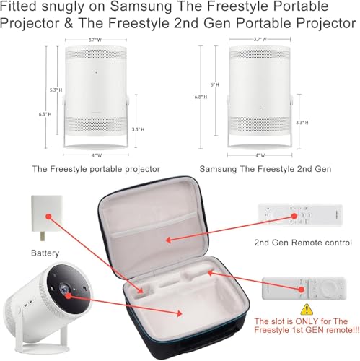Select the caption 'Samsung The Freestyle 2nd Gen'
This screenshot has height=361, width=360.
coord(265,169)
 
